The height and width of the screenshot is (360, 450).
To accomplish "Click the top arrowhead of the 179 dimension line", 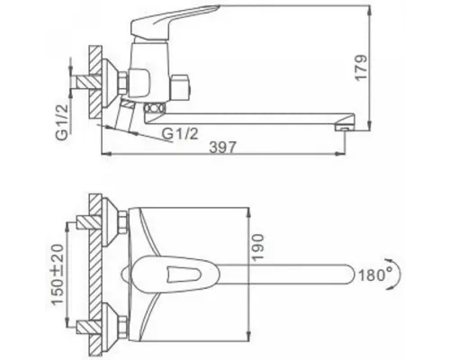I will pos(367,10).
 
